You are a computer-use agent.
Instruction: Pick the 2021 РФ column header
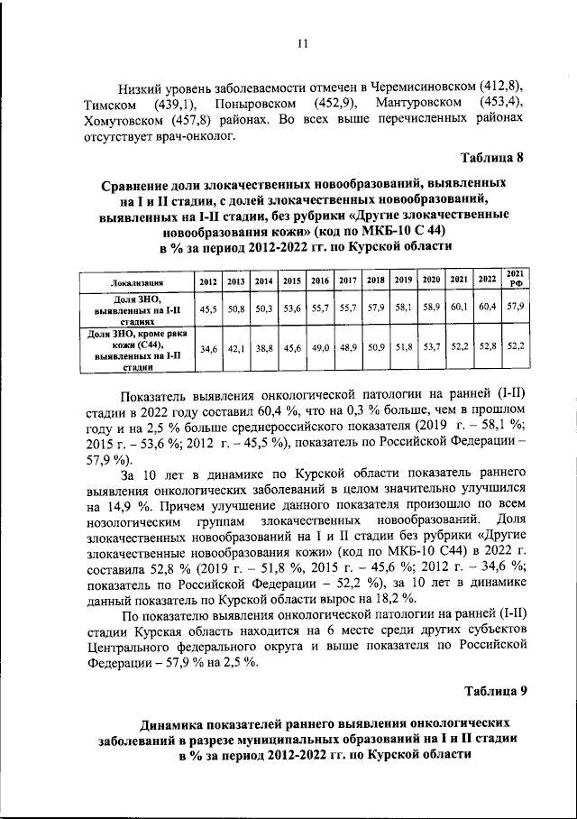tap(516, 279)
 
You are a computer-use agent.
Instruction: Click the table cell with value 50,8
tap(236, 308)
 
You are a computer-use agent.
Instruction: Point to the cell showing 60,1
tap(460, 308)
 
